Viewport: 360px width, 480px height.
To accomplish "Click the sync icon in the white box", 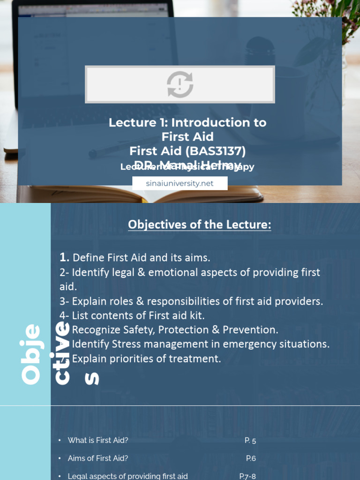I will [x=180, y=84].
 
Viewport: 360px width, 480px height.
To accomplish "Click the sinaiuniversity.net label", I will [x=180, y=183].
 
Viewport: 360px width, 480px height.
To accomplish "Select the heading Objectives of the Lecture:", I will [x=200, y=225].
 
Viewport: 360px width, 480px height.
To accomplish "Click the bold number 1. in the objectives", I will [x=65, y=257].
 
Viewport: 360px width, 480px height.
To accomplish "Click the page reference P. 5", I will [x=250, y=441].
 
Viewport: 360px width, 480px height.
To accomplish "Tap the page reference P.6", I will [x=251, y=458].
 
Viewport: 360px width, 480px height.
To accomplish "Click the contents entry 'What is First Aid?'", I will [x=98, y=440].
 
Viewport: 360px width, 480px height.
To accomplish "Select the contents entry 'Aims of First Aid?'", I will [x=98, y=458].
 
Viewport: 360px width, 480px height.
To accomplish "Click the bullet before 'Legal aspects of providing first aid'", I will [x=60, y=476].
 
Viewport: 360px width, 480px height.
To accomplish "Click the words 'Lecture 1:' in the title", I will [x=138, y=123].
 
